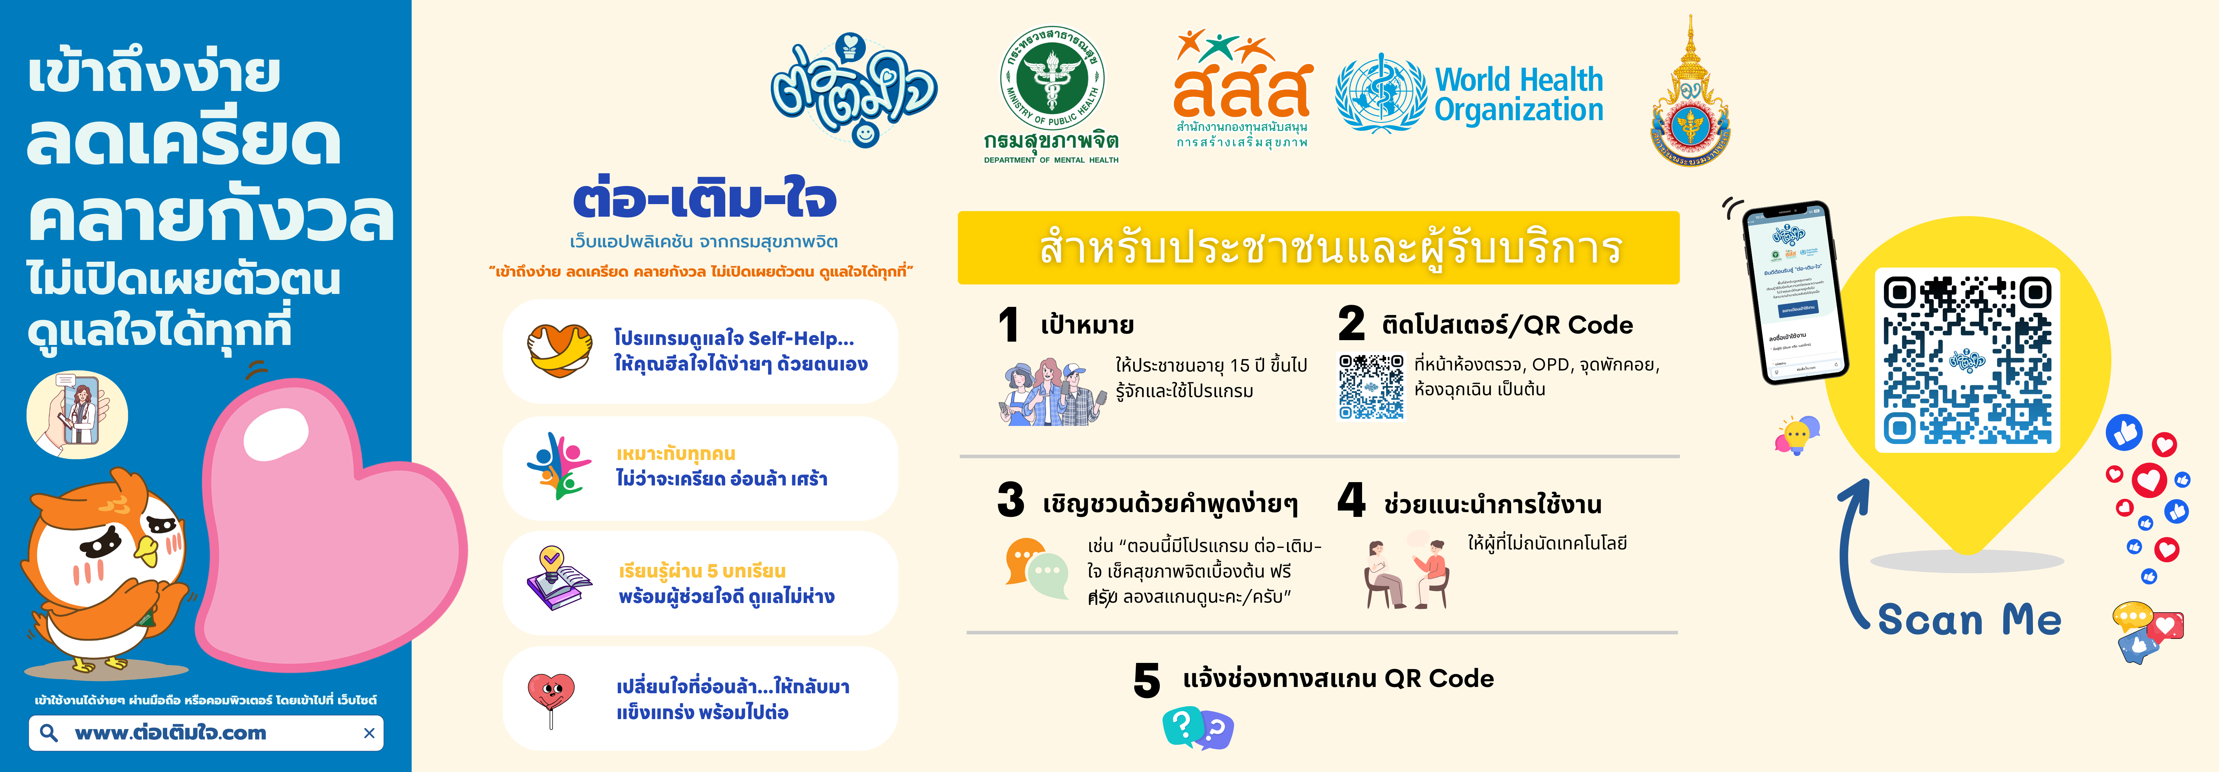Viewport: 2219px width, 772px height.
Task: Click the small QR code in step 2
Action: (1371, 386)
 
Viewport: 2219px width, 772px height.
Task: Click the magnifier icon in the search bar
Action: (49, 733)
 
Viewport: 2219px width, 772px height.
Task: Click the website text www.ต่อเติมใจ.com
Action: (170, 733)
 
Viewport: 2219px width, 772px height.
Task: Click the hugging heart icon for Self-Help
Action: (559, 351)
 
